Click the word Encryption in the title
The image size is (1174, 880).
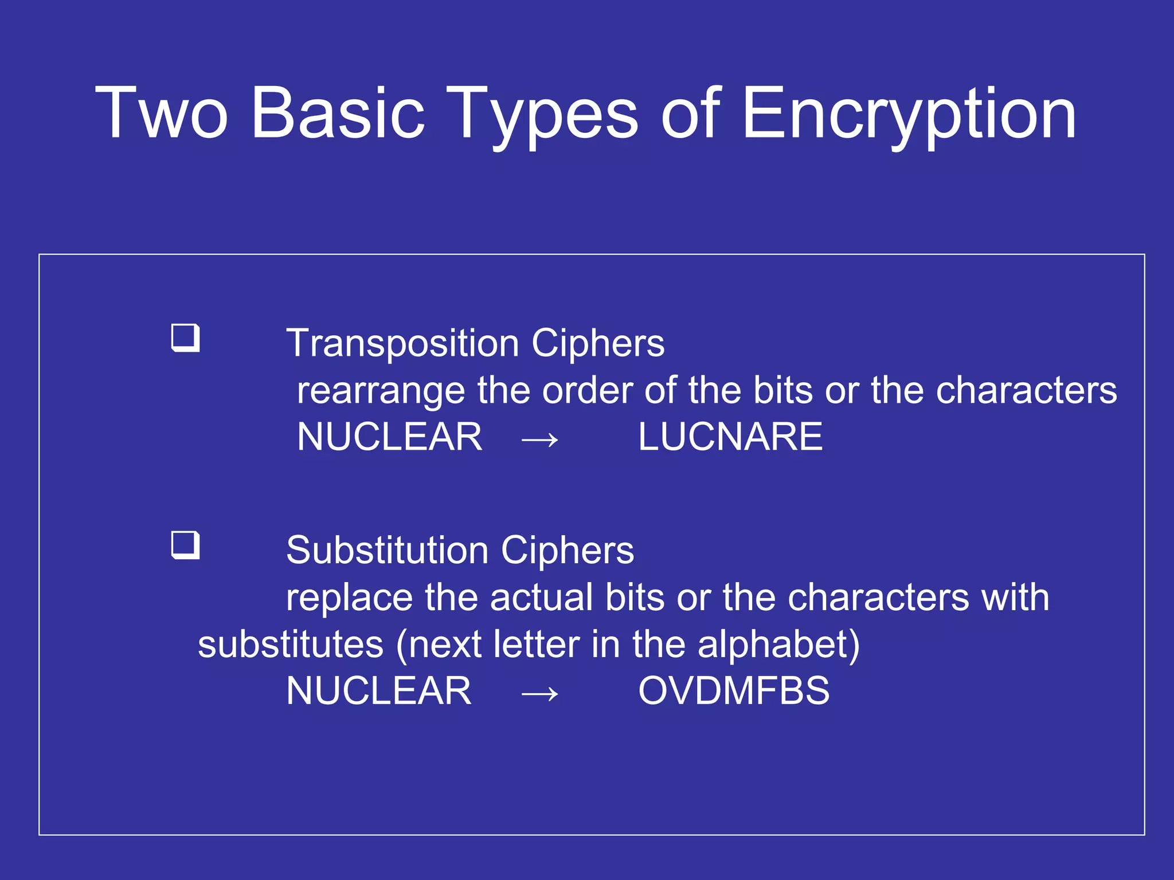coord(909,113)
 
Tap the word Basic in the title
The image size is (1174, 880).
coord(338,113)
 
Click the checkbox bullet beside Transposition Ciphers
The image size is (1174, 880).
coord(186,338)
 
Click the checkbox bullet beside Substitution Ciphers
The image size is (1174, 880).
coord(186,545)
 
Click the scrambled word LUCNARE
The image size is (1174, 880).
coord(730,437)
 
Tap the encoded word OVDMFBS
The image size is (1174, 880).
coord(734,690)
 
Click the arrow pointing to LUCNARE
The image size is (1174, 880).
coord(539,440)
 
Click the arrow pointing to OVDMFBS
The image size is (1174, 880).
coord(539,694)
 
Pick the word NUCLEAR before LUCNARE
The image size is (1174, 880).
coord(390,437)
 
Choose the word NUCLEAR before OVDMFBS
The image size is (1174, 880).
coord(379,690)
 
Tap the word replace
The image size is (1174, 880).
coord(349,598)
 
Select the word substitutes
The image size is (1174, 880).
coord(291,645)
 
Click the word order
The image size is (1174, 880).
coord(588,390)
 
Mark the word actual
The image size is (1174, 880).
coord(542,598)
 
